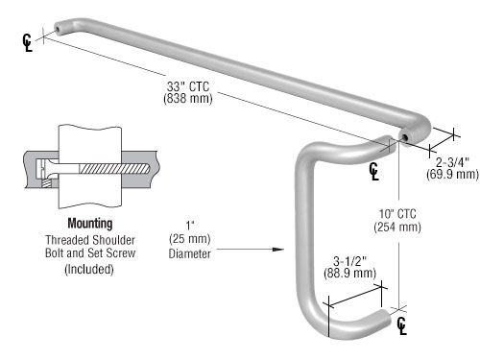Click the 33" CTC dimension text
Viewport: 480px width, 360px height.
click(x=188, y=86)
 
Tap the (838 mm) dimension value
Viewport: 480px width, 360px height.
click(x=188, y=98)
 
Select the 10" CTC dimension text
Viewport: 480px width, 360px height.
click(x=397, y=214)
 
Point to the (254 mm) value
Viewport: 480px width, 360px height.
click(x=397, y=227)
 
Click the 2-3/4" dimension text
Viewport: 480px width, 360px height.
click(x=452, y=162)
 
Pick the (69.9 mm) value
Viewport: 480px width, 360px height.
click(x=452, y=175)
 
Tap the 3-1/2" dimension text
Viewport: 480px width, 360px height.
click(x=349, y=261)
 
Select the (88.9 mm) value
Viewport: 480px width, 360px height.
click(x=349, y=274)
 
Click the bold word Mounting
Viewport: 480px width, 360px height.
click(x=90, y=224)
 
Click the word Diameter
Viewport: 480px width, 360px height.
click(x=190, y=253)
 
